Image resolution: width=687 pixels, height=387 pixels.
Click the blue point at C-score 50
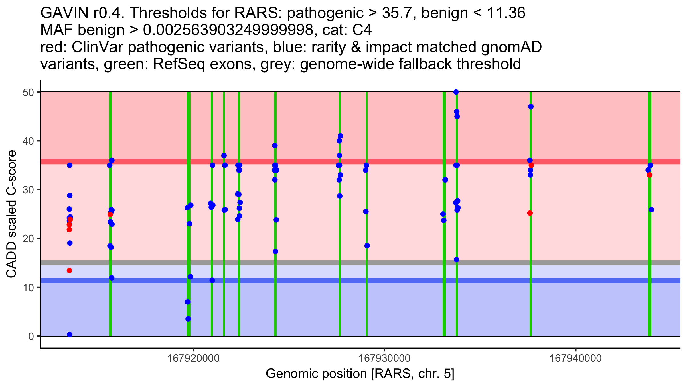pyautogui.click(x=456, y=92)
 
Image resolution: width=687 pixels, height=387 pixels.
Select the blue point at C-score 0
pyautogui.click(x=70, y=335)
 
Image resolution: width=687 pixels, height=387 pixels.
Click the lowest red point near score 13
pyautogui.click(x=69, y=271)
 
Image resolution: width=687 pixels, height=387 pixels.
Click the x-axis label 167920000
pyautogui.click(x=194, y=358)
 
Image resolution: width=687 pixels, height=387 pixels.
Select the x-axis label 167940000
pyautogui.click(x=576, y=358)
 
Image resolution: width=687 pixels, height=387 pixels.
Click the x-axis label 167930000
pyautogui.click(x=384, y=358)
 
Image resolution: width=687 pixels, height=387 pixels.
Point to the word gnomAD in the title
pyautogui.click(x=511, y=47)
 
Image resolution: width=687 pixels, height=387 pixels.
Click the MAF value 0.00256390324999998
pyautogui.click(x=228, y=30)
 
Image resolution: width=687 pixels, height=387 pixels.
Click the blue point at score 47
pyautogui.click(x=531, y=107)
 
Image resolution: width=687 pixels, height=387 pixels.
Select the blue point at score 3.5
pyautogui.click(x=188, y=319)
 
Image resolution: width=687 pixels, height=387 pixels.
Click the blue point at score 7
pyautogui.click(x=188, y=302)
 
